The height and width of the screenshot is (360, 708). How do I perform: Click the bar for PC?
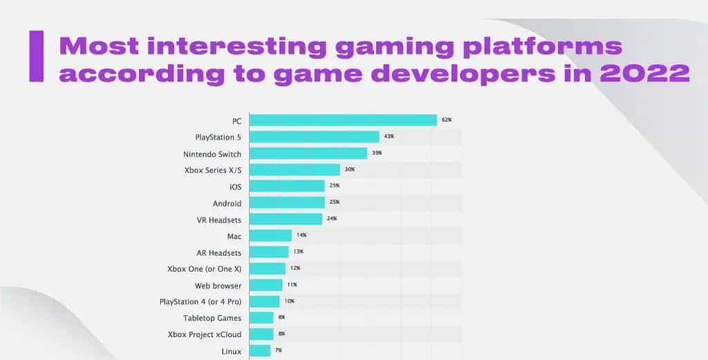(x=343, y=120)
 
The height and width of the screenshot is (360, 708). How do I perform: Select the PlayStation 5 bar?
(x=314, y=137)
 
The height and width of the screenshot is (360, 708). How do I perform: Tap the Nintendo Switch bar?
(x=308, y=153)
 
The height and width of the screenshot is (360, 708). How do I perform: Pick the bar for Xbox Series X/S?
(x=295, y=170)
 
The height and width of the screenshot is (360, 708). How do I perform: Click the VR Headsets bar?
(x=286, y=219)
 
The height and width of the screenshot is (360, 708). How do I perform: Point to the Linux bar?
(x=259, y=351)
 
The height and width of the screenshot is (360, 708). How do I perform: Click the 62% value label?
(x=447, y=120)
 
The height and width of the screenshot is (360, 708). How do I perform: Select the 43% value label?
(x=389, y=137)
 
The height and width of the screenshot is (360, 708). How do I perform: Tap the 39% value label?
(x=377, y=153)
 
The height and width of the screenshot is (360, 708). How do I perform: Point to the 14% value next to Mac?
(x=301, y=236)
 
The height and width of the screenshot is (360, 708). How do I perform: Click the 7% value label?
(x=279, y=351)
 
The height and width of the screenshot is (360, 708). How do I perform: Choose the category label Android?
(x=227, y=203)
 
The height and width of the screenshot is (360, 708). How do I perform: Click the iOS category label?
(x=234, y=187)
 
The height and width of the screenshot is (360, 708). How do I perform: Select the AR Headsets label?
(x=219, y=252)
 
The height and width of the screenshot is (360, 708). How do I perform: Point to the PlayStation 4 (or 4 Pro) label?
(x=201, y=302)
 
